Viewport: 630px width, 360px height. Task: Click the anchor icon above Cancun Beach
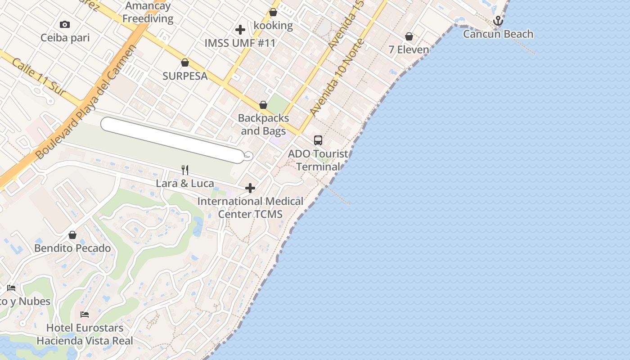(498, 21)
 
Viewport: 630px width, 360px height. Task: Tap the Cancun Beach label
(498, 34)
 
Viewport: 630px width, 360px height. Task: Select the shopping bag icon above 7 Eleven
(409, 36)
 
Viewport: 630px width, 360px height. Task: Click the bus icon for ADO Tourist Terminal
(318, 140)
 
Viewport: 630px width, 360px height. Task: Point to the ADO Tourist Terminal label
(318, 160)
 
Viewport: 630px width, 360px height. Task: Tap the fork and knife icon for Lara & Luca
(184, 170)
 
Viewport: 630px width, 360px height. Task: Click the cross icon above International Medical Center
(250, 188)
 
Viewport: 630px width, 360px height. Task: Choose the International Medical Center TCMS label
(250, 207)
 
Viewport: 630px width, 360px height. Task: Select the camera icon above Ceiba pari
(65, 25)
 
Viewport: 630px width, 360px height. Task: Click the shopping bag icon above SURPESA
(184, 63)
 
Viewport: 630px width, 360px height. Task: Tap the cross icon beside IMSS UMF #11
(240, 30)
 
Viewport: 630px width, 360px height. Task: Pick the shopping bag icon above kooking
(273, 12)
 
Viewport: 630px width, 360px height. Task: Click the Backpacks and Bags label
(263, 125)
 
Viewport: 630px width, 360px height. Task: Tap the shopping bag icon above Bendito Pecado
(72, 235)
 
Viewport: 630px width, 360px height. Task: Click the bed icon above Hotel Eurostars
(85, 314)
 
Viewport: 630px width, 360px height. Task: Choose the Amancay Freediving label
(148, 13)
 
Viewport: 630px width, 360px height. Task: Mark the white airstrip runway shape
(173, 139)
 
